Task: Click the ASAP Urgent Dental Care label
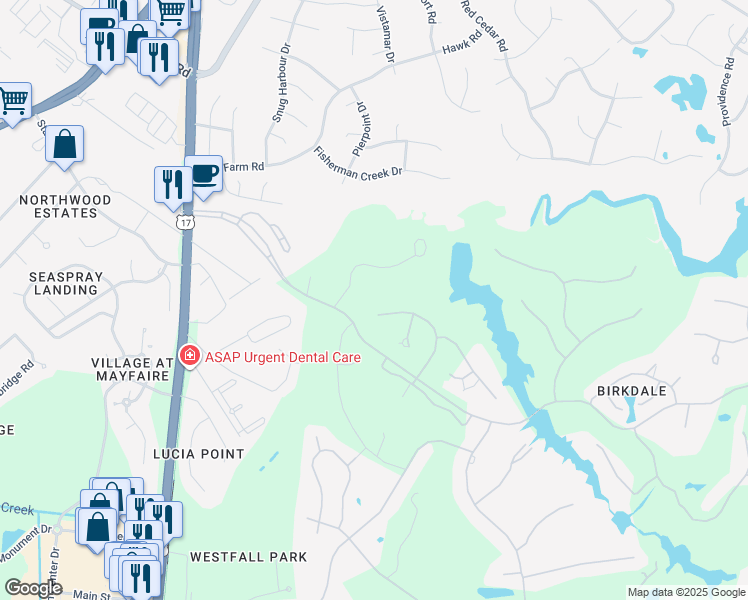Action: click(283, 356)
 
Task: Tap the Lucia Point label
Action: click(198, 453)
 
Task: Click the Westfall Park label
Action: click(248, 556)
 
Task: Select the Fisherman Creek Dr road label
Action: click(357, 160)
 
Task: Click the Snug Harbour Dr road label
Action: click(280, 95)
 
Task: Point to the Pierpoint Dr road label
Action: click(360, 121)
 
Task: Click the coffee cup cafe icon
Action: click(204, 172)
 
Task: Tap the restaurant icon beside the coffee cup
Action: click(170, 183)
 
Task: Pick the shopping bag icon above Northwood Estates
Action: click(64, 144)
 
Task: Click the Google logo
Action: click(34, 589)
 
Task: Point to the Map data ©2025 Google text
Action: click(686, 592)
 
